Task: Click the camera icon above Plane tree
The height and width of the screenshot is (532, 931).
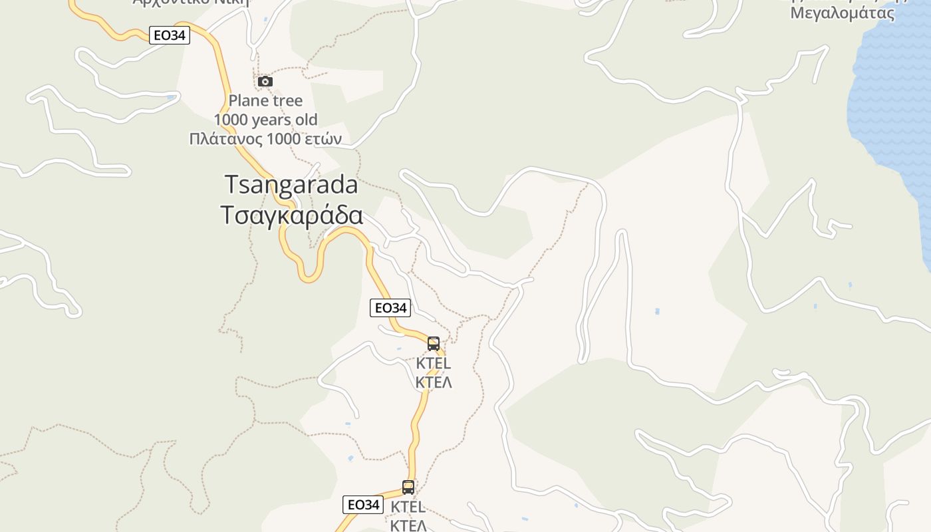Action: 265,82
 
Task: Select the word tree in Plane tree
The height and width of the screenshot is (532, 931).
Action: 285,101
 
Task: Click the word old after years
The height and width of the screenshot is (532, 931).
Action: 305,120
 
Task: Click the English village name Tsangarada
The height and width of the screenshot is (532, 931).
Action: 291,184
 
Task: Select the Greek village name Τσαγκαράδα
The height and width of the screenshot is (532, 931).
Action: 291,215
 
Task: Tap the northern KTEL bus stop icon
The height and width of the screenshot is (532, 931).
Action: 434,344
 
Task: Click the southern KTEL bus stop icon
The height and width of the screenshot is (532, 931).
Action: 408,487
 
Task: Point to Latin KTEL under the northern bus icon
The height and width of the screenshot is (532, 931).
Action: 434,364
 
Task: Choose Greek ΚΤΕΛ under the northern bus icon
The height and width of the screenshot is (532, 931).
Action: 434,382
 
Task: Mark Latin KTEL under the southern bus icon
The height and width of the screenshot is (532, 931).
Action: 408,507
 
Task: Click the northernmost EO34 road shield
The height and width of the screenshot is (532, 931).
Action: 170,35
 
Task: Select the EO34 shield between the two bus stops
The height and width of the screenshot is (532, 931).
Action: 390,308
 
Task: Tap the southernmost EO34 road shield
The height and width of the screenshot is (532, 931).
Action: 363,505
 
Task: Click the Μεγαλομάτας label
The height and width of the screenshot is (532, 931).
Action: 842,13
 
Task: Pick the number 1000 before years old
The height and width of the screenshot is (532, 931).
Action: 230,120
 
